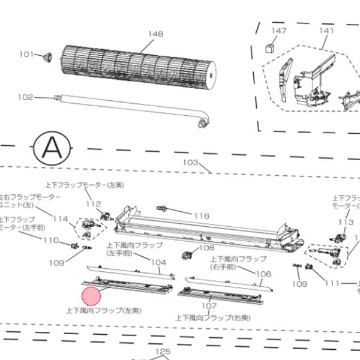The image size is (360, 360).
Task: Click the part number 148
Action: tap(155, 34)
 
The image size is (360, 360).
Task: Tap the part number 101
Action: tap(26, 55)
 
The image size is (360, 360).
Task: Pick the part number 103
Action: tap(190, 163)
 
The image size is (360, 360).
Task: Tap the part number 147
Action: tap(279, 30)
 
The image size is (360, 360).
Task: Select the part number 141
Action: tap(326, 30)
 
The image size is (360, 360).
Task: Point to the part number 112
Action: tap(93, 204)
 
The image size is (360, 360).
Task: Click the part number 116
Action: tap(201, 215)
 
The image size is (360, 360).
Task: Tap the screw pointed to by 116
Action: tap(161, 208)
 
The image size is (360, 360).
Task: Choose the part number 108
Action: tap(206, 247)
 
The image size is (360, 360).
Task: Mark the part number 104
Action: tap(158, 262)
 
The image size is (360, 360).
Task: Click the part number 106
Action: tap(264, 274)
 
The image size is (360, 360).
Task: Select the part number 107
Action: tap(208, 305)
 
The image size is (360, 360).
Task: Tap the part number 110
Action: tap(50, 241)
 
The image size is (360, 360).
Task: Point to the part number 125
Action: tap(163, 352)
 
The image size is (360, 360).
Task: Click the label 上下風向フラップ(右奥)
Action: tap(213, 317)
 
